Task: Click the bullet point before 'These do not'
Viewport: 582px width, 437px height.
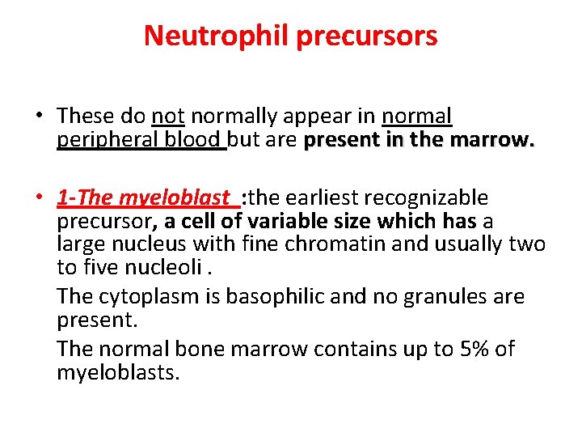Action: [38, 117]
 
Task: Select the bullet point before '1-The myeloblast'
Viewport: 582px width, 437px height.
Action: [38, 197]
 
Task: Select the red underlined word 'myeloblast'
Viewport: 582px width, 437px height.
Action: [175, 197]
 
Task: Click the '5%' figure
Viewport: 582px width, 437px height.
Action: [469, 350]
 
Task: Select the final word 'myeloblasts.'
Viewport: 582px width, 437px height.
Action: [118, 373]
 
